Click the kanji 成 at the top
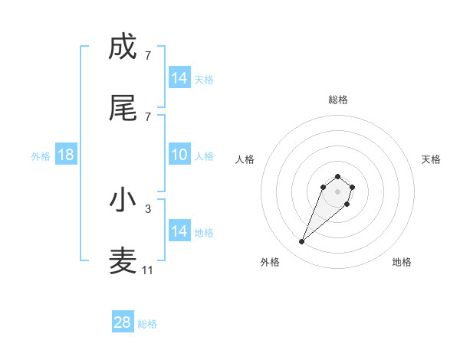click(123, 47)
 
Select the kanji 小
click(123, 199)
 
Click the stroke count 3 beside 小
click(147, 208)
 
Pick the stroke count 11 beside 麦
click(147, 270)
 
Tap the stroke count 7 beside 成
click(147, 55)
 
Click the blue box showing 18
click(65, 155)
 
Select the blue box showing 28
click(122, 322)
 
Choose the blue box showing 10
click(179, 155)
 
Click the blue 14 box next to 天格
click(179, 78)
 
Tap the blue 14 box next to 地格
click(179, 231)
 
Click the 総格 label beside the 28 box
click(148, 324)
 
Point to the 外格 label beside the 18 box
click(41, 156)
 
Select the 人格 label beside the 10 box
click(204, 156)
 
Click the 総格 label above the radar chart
click(338, 100)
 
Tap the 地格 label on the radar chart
click(402, 262)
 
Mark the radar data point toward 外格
click(302, 242)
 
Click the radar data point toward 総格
click(338, 174)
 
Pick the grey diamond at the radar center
click(338, 191)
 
